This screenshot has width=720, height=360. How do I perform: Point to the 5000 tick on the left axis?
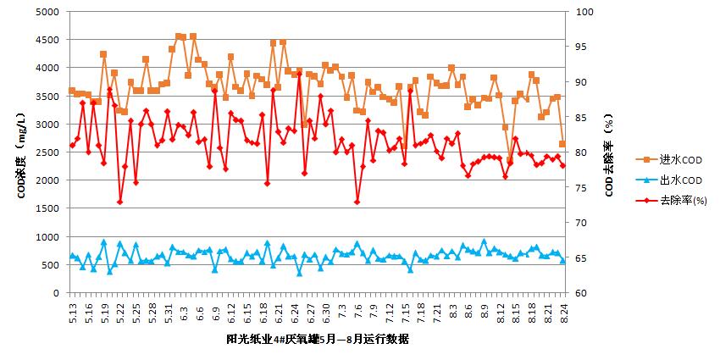(x=48, y=12)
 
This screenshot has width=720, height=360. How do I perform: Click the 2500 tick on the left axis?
(x=48, y=152)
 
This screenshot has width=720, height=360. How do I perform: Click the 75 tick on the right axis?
(x=581, y=188)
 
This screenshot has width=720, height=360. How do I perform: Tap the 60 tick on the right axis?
(x=581, y=293)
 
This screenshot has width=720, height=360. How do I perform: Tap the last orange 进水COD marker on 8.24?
(x=562, y=145)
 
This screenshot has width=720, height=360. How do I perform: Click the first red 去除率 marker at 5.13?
(x=72, y=145)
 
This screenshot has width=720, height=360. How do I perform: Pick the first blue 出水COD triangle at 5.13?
(x=72, y=255)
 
